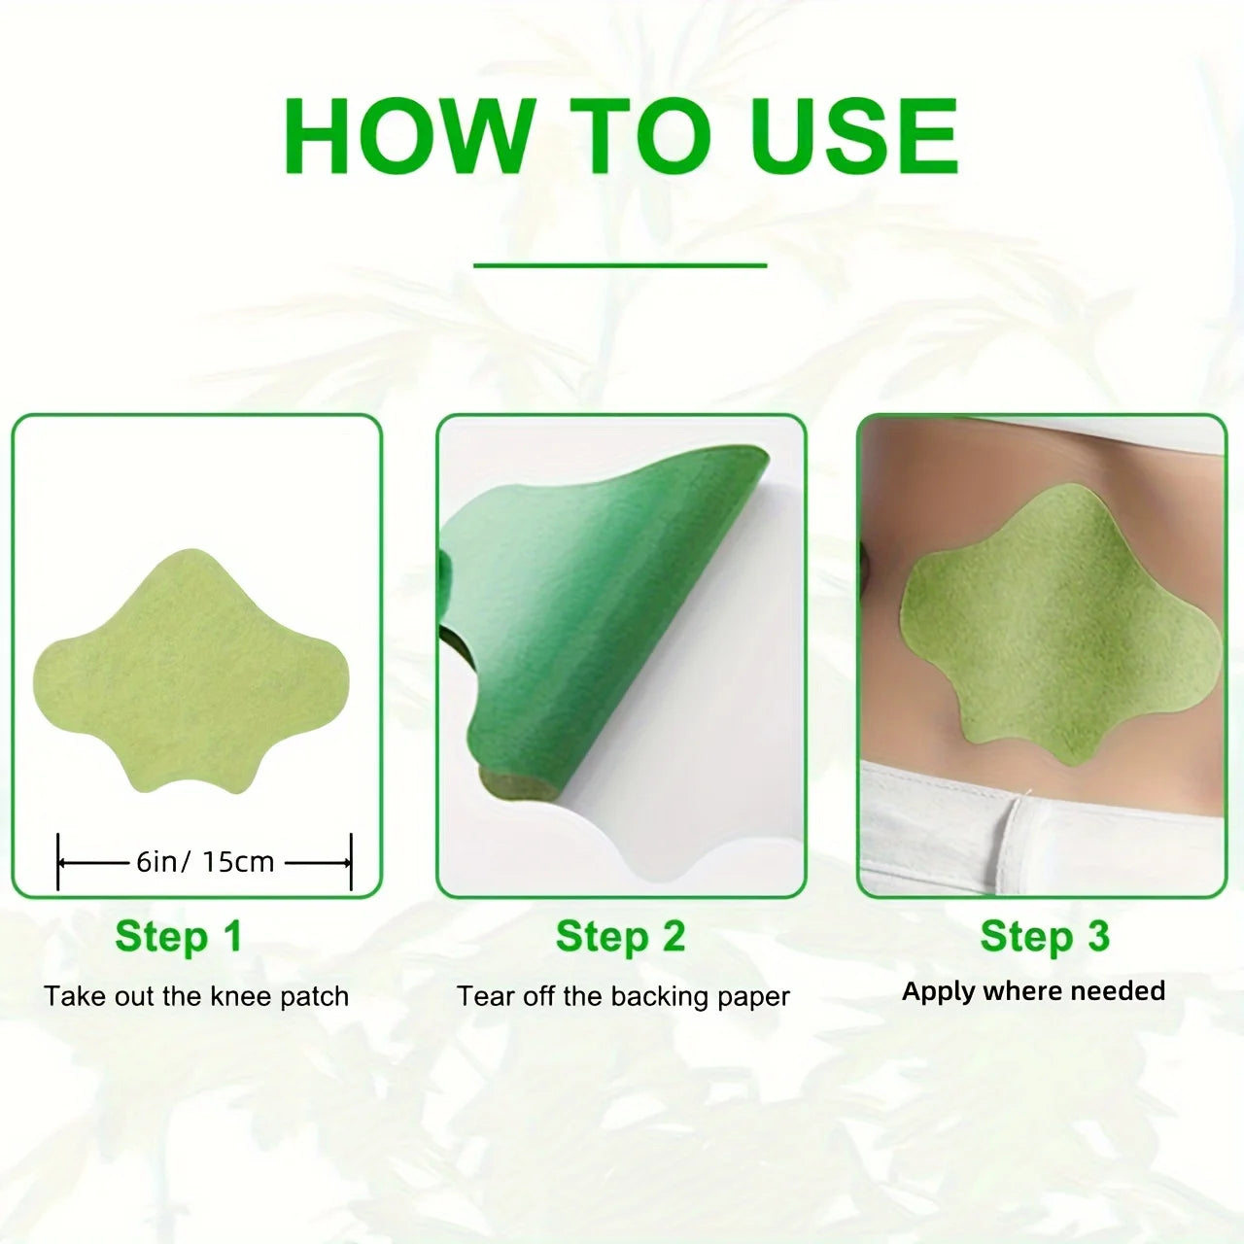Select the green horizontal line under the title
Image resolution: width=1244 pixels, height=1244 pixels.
point(620,264)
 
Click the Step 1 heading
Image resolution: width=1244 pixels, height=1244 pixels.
point(178,937)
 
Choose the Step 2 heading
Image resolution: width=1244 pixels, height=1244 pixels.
point(620,937)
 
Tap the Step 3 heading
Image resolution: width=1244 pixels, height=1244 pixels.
point(1044,937)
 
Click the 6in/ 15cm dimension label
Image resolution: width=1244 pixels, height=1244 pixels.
point(205,862)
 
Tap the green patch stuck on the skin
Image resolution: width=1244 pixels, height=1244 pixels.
point(1059,627)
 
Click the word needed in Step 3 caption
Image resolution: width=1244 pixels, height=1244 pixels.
point(1118,991)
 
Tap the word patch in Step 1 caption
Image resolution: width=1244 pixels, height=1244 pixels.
point(314,996)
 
